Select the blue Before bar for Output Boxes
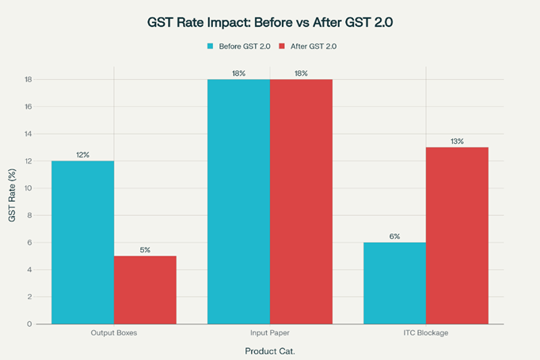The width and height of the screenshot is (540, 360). (x=83, y=242)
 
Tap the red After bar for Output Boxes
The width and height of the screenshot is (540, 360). (x=145, y=290)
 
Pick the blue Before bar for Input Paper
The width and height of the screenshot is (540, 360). (x=238, y=201)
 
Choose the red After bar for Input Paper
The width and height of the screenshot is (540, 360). (x=301, y=201)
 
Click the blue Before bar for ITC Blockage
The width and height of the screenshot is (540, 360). (x=394, y=282)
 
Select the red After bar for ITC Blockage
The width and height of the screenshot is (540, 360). (x=457, y=235)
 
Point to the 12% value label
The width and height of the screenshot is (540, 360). (x=83, y=154)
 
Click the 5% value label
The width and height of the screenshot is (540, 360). (x=145, y=250)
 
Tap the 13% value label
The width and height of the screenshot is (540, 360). (x=457, y=141)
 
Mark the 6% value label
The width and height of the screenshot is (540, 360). (x=394, y=236)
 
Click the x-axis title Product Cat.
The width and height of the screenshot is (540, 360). (x=269, y=349)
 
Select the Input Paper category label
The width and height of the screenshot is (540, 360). (x=269, y=333)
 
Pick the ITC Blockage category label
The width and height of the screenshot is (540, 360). (x=425, y=333)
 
